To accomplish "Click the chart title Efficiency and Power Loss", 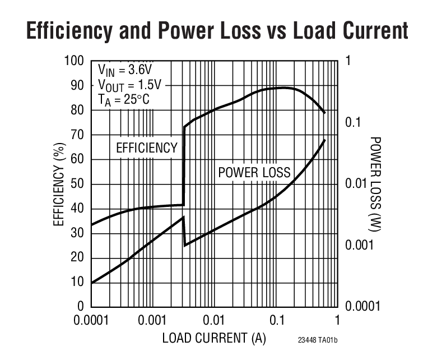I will [217, 30].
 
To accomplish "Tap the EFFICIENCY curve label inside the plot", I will [146, 148].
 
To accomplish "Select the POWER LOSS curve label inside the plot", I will [254, 172].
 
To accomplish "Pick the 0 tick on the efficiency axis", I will [80, 306].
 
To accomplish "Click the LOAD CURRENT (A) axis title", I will [214, 339].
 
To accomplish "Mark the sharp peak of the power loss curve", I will [183, 217].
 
